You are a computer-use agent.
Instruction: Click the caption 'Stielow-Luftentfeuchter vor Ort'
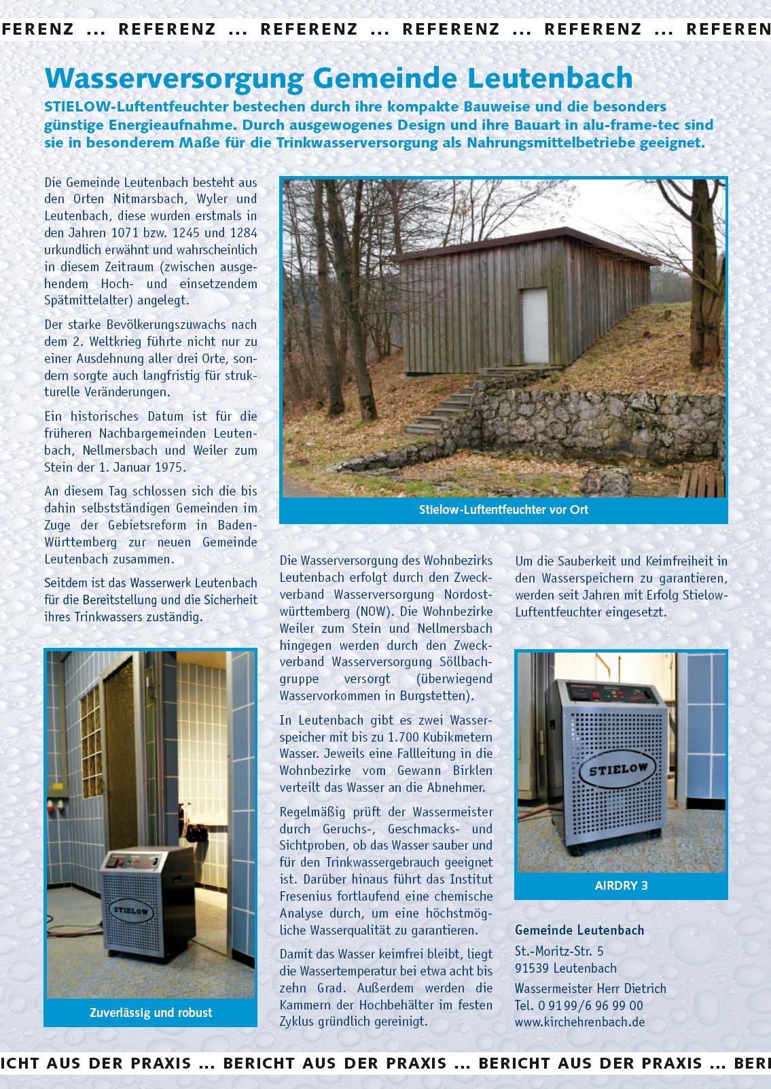503,509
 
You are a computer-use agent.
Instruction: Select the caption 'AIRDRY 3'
621,885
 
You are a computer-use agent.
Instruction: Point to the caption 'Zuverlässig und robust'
151,1012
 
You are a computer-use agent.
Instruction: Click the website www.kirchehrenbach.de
579,1022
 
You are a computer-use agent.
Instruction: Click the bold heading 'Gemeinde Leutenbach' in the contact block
579,930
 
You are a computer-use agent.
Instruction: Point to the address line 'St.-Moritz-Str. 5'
559,951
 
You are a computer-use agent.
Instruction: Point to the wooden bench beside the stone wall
701,483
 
